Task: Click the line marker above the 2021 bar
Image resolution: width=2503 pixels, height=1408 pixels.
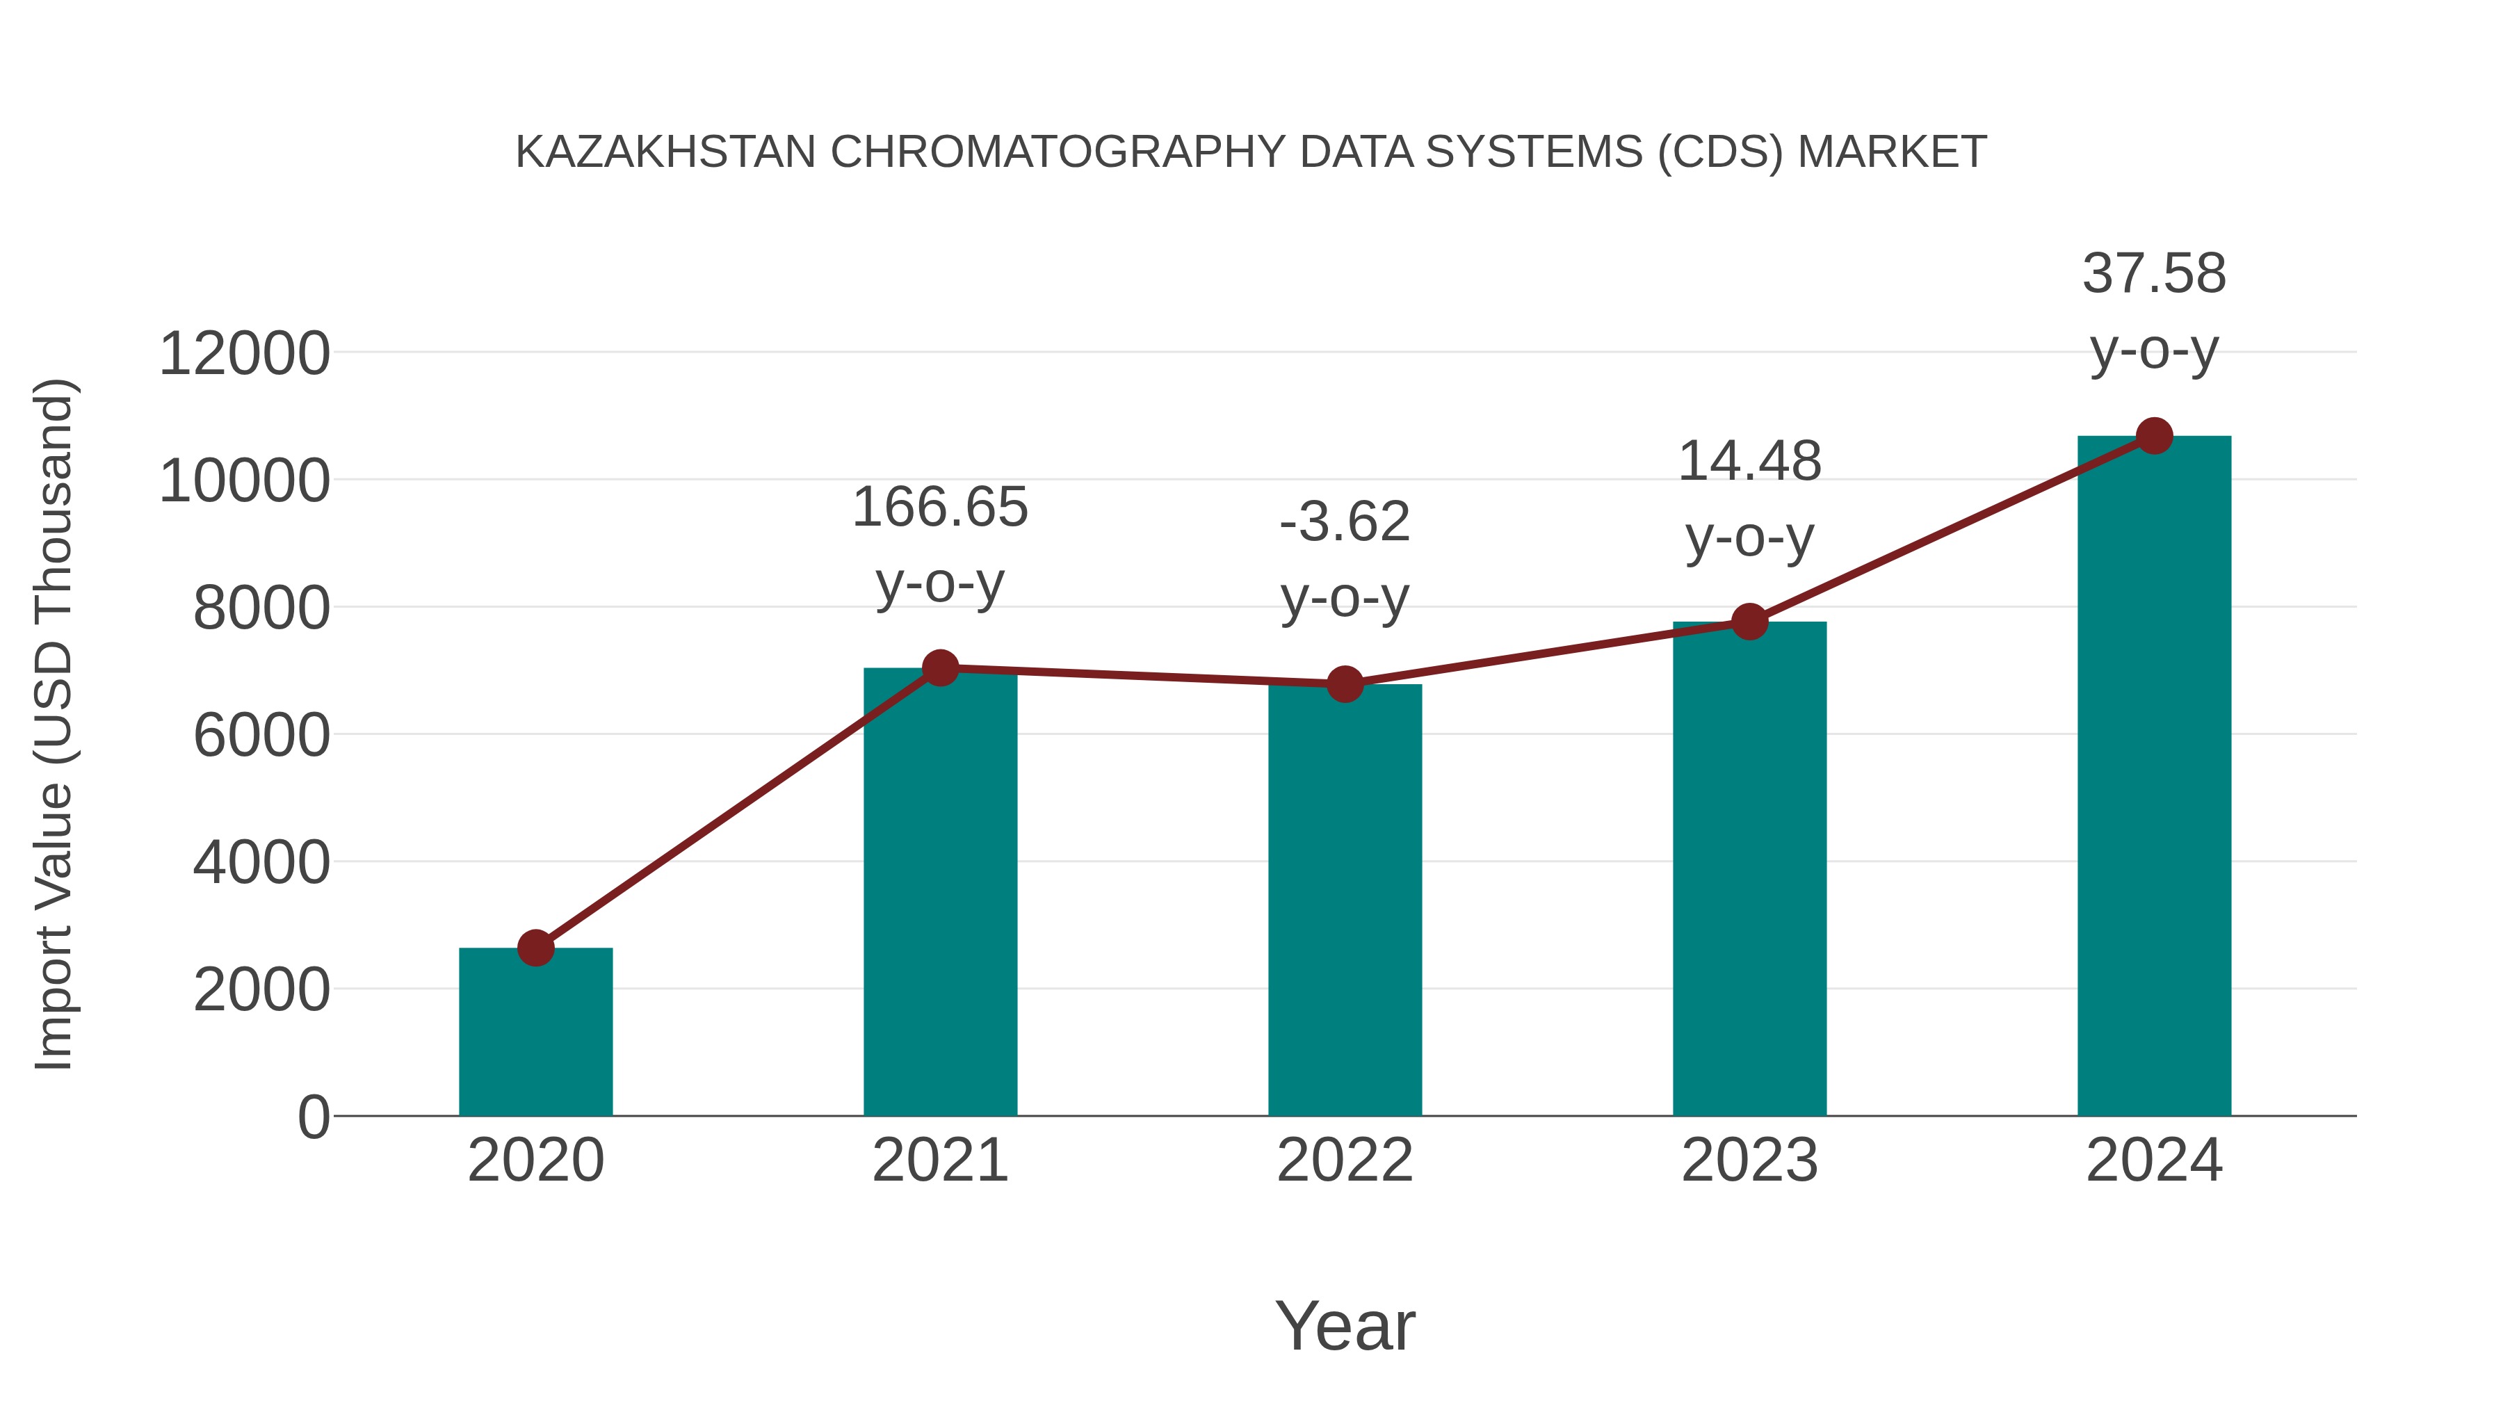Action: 939,667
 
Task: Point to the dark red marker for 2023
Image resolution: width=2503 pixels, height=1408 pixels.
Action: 1749,621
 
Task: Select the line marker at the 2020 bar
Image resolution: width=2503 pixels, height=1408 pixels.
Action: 535,948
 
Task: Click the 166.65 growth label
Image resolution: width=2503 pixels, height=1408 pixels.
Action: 939,508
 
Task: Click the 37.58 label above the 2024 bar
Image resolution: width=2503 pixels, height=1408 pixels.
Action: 2154,273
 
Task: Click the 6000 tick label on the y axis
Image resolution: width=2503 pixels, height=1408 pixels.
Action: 261,735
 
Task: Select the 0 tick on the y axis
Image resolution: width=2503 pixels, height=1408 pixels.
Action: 313,1117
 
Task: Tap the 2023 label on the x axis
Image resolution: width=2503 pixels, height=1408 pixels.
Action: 1749,1160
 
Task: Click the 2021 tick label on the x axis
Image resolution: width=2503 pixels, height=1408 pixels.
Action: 939,1160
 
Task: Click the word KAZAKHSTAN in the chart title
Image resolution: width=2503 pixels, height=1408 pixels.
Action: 665,152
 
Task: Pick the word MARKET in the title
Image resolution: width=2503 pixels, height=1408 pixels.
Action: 1891,152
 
